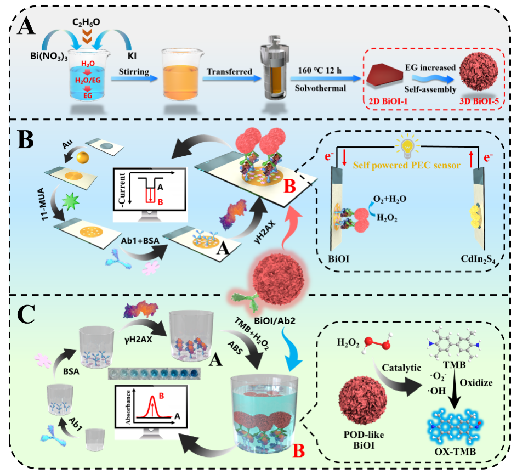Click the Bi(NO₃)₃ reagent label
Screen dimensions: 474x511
point(47,55)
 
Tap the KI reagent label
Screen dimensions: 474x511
point(134,55)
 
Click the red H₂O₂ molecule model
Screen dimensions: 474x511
point(373,345)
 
